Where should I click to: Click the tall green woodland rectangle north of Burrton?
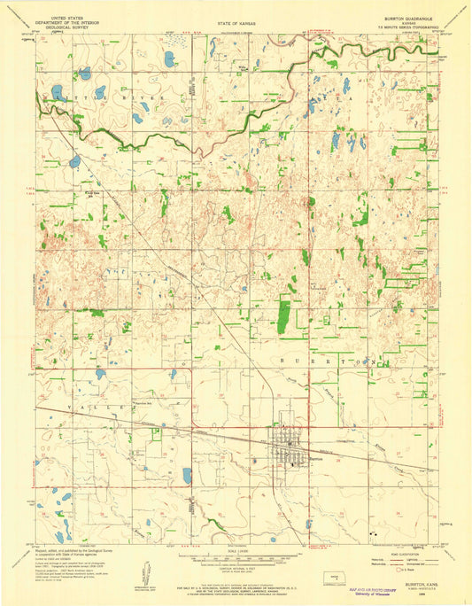[285, 315]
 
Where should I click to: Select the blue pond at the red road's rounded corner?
[187, 476]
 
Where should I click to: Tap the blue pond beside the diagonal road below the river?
[75, 162]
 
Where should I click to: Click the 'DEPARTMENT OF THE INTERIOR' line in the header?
[69, 22]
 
